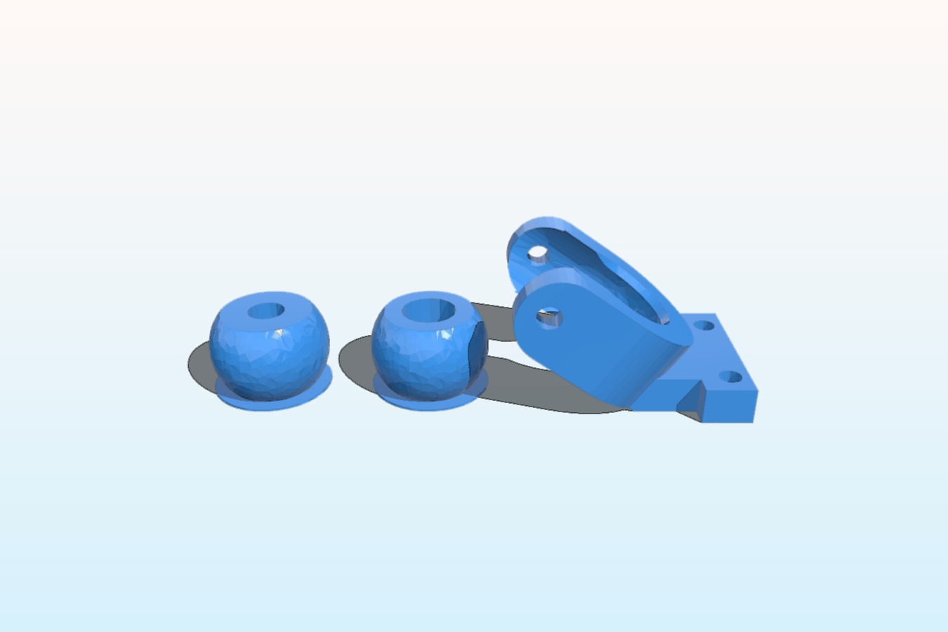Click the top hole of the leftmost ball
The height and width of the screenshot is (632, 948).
(266, 310)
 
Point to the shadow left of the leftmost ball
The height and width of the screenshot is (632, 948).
(199, 365)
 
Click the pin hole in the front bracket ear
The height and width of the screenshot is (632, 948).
(549, 317)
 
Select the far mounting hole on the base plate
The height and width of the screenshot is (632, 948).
(704, 325)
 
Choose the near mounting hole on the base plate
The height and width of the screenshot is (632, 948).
(732, 377)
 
